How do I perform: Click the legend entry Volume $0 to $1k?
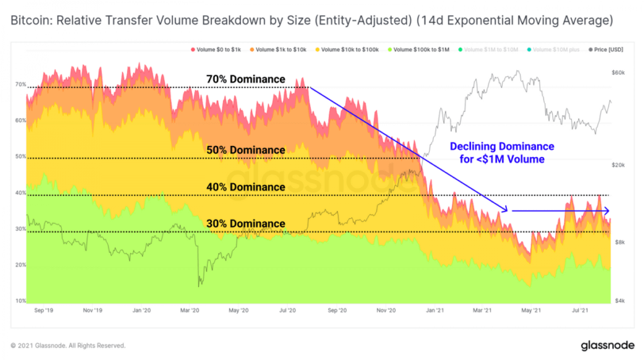pos(216,48)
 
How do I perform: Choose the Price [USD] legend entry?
pos(606,48)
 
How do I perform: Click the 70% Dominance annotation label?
pos(245,79)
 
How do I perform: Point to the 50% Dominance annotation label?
pos(245,150)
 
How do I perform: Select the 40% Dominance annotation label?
pos(245,187)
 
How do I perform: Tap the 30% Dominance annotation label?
pos(245,223)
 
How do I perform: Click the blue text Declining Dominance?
pos(502,147)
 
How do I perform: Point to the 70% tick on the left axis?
pos(21,84)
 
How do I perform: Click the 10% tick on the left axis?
pos(21,301)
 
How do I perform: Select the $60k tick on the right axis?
pos(618,73)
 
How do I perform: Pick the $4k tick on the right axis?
pos(619,301)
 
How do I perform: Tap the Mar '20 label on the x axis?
pos(189,310)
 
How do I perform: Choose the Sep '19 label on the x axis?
pos(43,310)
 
